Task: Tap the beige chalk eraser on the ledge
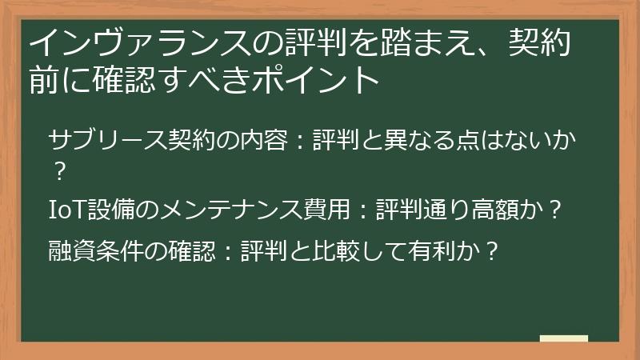click(x=563, y=339)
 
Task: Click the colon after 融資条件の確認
click(x=226, y=251)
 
